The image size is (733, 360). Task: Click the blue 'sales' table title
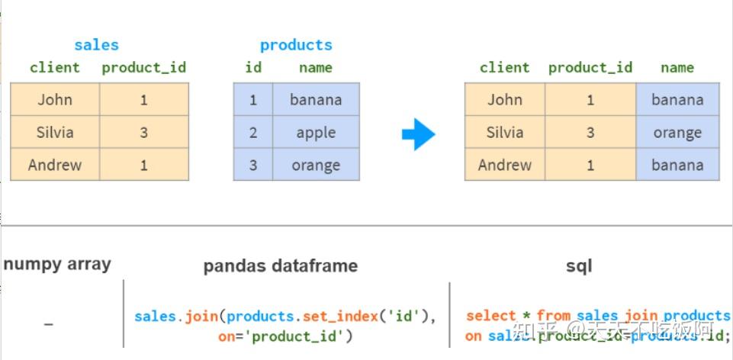coord(97,45)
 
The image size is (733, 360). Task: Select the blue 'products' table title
coord(295,45)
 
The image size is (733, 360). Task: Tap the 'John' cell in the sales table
coord(55,100)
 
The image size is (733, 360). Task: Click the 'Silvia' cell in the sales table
coord(55,133)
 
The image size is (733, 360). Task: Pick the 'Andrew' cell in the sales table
coord(55,165)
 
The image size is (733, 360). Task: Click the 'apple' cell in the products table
coord(316,133)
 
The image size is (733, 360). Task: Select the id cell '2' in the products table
coord(253,133)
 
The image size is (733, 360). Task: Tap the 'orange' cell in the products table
coord(316,165)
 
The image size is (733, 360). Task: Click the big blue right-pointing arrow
coord(418,135)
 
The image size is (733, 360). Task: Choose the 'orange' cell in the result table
coord(677,133)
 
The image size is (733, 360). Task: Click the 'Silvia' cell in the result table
coord(505,133)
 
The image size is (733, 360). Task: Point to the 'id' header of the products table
coord(253,68)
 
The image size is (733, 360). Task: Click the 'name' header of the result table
coord(677,68)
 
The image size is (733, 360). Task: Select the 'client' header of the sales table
coord(55,68)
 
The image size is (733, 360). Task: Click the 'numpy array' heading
coord(57,265)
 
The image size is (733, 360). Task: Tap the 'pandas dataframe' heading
coord(280,266)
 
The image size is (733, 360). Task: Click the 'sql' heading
coord(579,266)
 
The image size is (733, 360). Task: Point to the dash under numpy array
coord(49,324)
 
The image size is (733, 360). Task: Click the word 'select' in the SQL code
coord(490,316)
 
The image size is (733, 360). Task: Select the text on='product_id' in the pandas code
coord(285,336)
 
